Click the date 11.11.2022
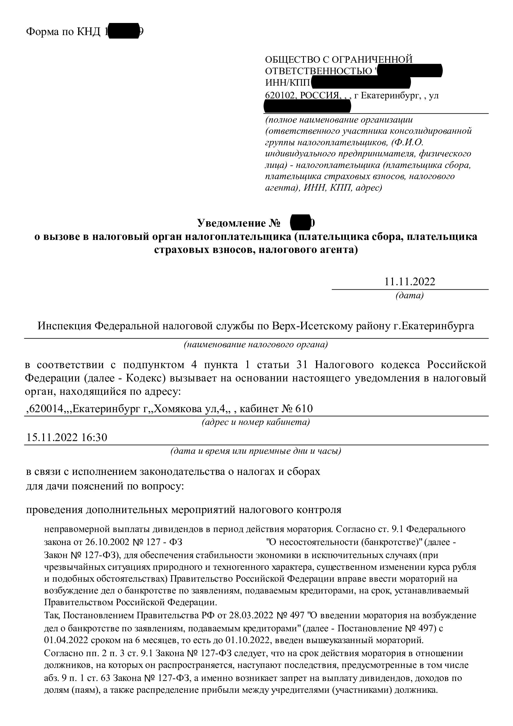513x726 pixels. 409,282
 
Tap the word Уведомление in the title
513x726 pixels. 230,223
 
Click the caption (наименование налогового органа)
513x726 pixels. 256,344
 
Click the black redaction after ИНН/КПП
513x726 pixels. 361,83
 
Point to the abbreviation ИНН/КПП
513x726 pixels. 288,83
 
